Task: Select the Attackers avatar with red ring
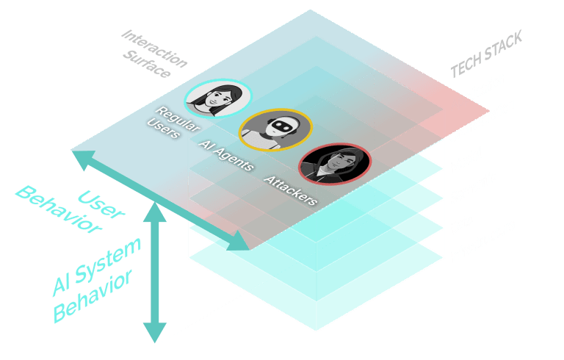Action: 336,164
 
